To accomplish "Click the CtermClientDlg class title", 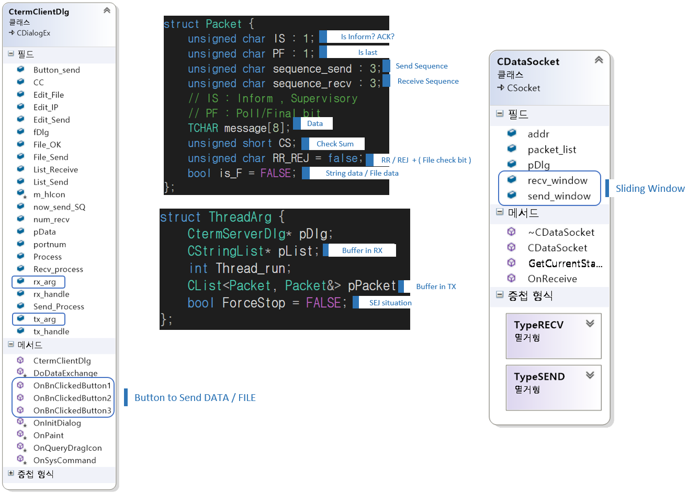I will (x=39, y=12).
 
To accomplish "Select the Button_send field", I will (x=57, y=70).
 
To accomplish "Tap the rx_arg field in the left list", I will (x=44, y=282).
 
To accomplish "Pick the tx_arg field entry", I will (x=44, y=319).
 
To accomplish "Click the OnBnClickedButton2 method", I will (x=72, y=398).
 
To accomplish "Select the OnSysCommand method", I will (x=64, y=460).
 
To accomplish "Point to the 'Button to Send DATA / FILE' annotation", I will (x=195, y=397).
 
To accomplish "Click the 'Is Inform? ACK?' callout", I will (x=367, y=37).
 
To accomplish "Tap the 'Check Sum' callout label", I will (x=335, y=144).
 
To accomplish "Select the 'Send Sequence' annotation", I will (x=421, y=66).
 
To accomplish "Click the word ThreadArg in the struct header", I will (x=240, y=217).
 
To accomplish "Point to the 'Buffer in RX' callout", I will (x=362, y=250).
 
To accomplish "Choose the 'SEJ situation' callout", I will (x=390, y=303).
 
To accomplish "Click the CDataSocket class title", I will (x=528, y=62).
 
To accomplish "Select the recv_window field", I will (x=557, y=180).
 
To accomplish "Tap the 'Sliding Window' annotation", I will (x=650, y=189).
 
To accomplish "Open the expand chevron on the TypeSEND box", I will (x=590, y=375).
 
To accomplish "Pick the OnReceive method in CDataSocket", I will (x=552, y=279).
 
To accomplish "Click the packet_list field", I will (x=551, y=150).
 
